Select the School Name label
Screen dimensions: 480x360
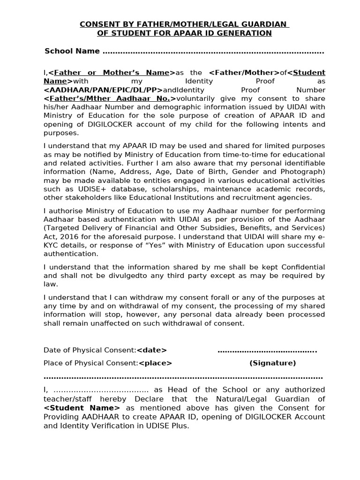coord(72,51)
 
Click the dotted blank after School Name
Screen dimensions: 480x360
coord(213,52)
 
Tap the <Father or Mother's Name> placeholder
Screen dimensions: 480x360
coord(112,73)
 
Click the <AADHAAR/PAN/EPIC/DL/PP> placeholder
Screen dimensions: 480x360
coord(103,90)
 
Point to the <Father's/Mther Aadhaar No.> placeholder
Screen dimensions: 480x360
coord(110,99)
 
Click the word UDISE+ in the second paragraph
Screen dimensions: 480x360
coord(89,189)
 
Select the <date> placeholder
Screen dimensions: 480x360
coord(151,350)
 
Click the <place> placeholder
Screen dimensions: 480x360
coord(155,363)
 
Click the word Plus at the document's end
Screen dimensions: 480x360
coord(180,426)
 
